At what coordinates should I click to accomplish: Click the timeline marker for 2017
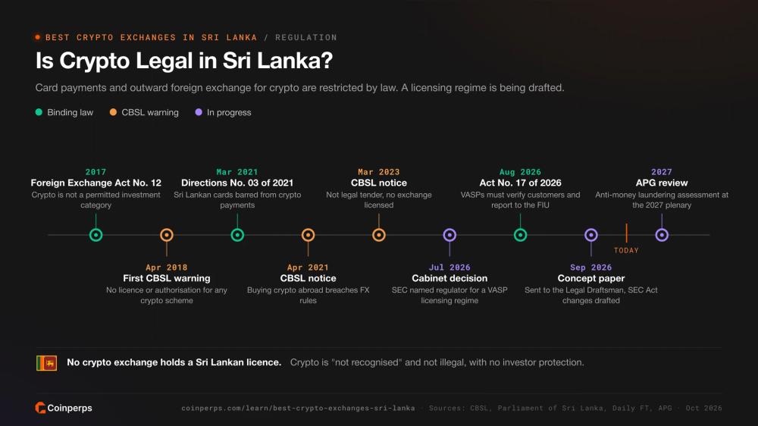(96, 235)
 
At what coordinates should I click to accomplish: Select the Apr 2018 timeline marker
(167, 235)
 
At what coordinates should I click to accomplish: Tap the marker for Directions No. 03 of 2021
(237, 235)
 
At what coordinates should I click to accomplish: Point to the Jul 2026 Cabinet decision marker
(449, 235)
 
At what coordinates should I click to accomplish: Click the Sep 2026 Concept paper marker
(591, 235)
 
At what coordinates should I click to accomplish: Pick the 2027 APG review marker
(662, 235)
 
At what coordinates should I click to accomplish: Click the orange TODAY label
(627, 250)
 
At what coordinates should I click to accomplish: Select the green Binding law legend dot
(39, 112)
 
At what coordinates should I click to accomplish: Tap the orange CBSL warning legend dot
(113, 112)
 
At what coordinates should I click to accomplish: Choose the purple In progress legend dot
(198, 112)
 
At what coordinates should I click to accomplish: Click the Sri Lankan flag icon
(46, 362)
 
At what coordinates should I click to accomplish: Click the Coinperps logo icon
(40, 408)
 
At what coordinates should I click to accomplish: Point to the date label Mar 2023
(379, 172)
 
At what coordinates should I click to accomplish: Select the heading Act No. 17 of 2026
(520, 183)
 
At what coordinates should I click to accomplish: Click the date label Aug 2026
(520, 172)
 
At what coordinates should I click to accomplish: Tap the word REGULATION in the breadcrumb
(306, 37)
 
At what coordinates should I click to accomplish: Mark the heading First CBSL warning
(167, 278)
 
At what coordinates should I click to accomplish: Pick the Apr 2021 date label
(308, 268)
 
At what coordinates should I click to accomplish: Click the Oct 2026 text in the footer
(704, 408)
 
